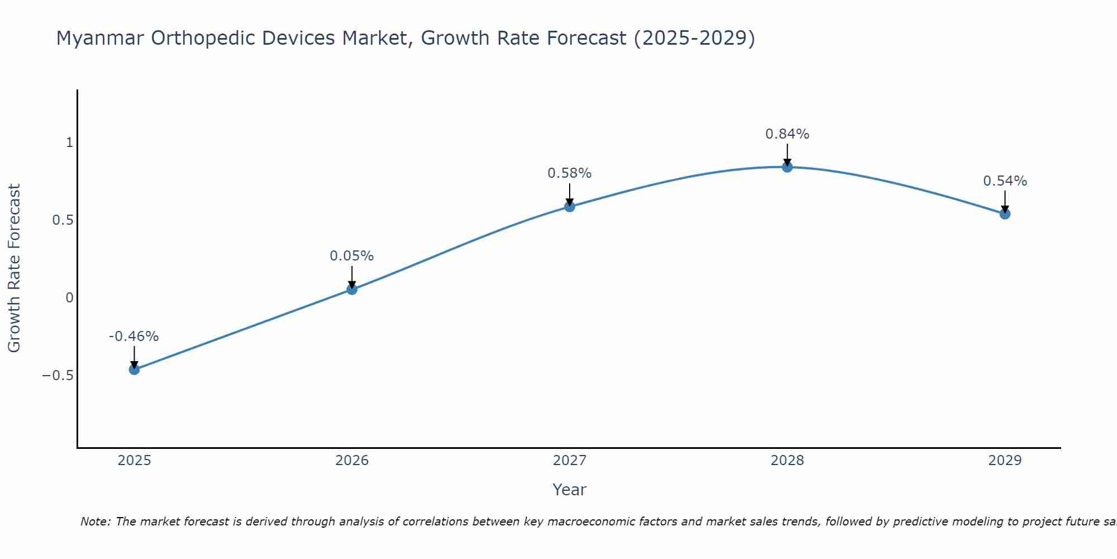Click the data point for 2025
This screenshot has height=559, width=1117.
tap(134, 369)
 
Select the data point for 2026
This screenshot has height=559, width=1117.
tap(352, 289)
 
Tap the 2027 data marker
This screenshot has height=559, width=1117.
tap(570, 206)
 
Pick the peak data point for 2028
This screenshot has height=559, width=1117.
tap(787, 167)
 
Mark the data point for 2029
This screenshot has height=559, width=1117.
tap(1005, 214)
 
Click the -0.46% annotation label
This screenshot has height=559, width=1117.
tap(133, 337)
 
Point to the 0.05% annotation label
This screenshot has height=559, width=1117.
tap(351, 256)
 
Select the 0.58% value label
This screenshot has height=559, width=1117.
tap(569, 173)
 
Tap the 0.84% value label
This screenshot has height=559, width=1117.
tap(787, 134)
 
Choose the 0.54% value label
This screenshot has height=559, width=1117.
tap(1005, 181)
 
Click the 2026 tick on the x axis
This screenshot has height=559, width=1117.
tap(352, 461)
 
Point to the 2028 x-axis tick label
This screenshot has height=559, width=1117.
tap(787, 461)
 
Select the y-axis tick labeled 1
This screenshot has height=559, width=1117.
tap(69, 143)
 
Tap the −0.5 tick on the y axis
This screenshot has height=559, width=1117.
tap(58, 375)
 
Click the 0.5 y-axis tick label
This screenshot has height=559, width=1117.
tap(63, 220)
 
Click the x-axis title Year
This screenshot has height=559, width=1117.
tap(569, 490)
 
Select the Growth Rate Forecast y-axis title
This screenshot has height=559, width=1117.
tap(15, 268)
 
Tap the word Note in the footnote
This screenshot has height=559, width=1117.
tap(95, 522)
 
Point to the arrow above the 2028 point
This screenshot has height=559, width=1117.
tap(787, 154)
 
